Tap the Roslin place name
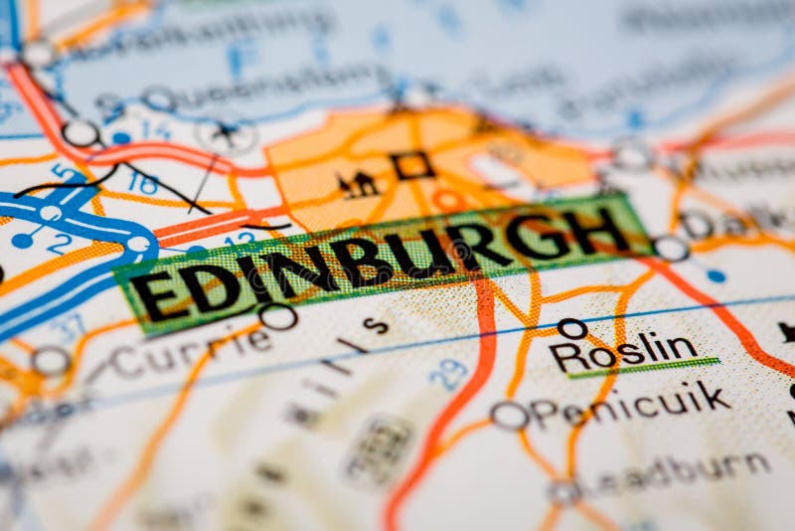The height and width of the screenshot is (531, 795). pyautogui.click(x=624, y=351)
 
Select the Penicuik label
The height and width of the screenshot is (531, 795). pyautogui.click(x=632, y=405)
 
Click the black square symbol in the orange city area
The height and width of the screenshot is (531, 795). pyautogui.click(x=411, y=165)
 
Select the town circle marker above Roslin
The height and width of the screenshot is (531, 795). pyautogui.click(x=572, y=328)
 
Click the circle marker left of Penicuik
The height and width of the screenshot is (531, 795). pyautogui.click(x=509, y=416)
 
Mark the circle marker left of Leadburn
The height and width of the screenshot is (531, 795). pyautogui.click(x=564, y=491)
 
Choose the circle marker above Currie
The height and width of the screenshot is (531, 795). pyautogui.click(x=277, y=316)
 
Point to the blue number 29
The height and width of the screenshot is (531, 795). pyautogui.click(x=448, y=374)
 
